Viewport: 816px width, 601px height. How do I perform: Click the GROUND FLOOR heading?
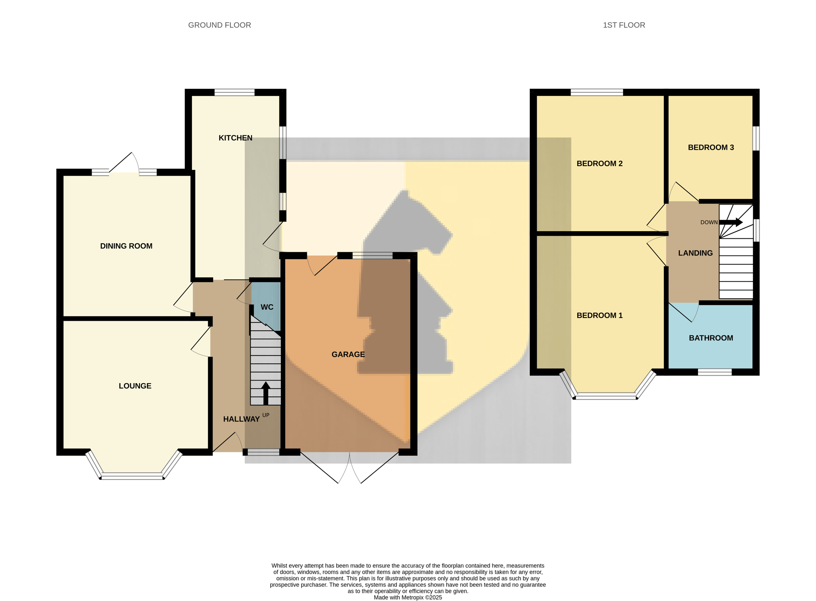tap(220, 25)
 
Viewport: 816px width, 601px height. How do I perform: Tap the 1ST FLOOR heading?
tap(624, 25)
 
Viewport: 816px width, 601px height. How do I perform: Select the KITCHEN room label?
tap(235, 138)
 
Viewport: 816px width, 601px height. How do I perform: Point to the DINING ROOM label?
tap(126, 246)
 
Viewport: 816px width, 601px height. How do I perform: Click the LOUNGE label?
tap(135, 386)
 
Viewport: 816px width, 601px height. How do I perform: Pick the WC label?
tap(267, 307)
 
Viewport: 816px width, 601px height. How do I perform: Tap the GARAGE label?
tap(348, 354)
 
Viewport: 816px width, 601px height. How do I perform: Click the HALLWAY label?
tap(241, 419)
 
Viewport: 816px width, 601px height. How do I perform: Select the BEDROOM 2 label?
tap(600, 163)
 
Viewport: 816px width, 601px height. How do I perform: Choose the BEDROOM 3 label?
tap(711, 147)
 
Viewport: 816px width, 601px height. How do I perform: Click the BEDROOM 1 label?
tap(600, 315)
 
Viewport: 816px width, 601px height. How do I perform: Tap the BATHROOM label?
tap(711, 338)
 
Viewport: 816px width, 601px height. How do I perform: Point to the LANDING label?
tap(696, 253)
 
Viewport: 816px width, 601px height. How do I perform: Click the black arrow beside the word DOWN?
tap(731, 222)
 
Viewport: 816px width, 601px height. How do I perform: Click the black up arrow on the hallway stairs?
tap(266, 393)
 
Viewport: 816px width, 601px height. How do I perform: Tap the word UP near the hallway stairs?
tap(266, 415)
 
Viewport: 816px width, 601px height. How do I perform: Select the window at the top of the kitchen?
tap(235, 92)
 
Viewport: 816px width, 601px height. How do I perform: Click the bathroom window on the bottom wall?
tap(715, 372)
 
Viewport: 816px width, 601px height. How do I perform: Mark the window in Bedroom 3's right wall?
tap(756, 139)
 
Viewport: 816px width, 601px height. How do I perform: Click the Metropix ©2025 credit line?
tap(408, 597)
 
